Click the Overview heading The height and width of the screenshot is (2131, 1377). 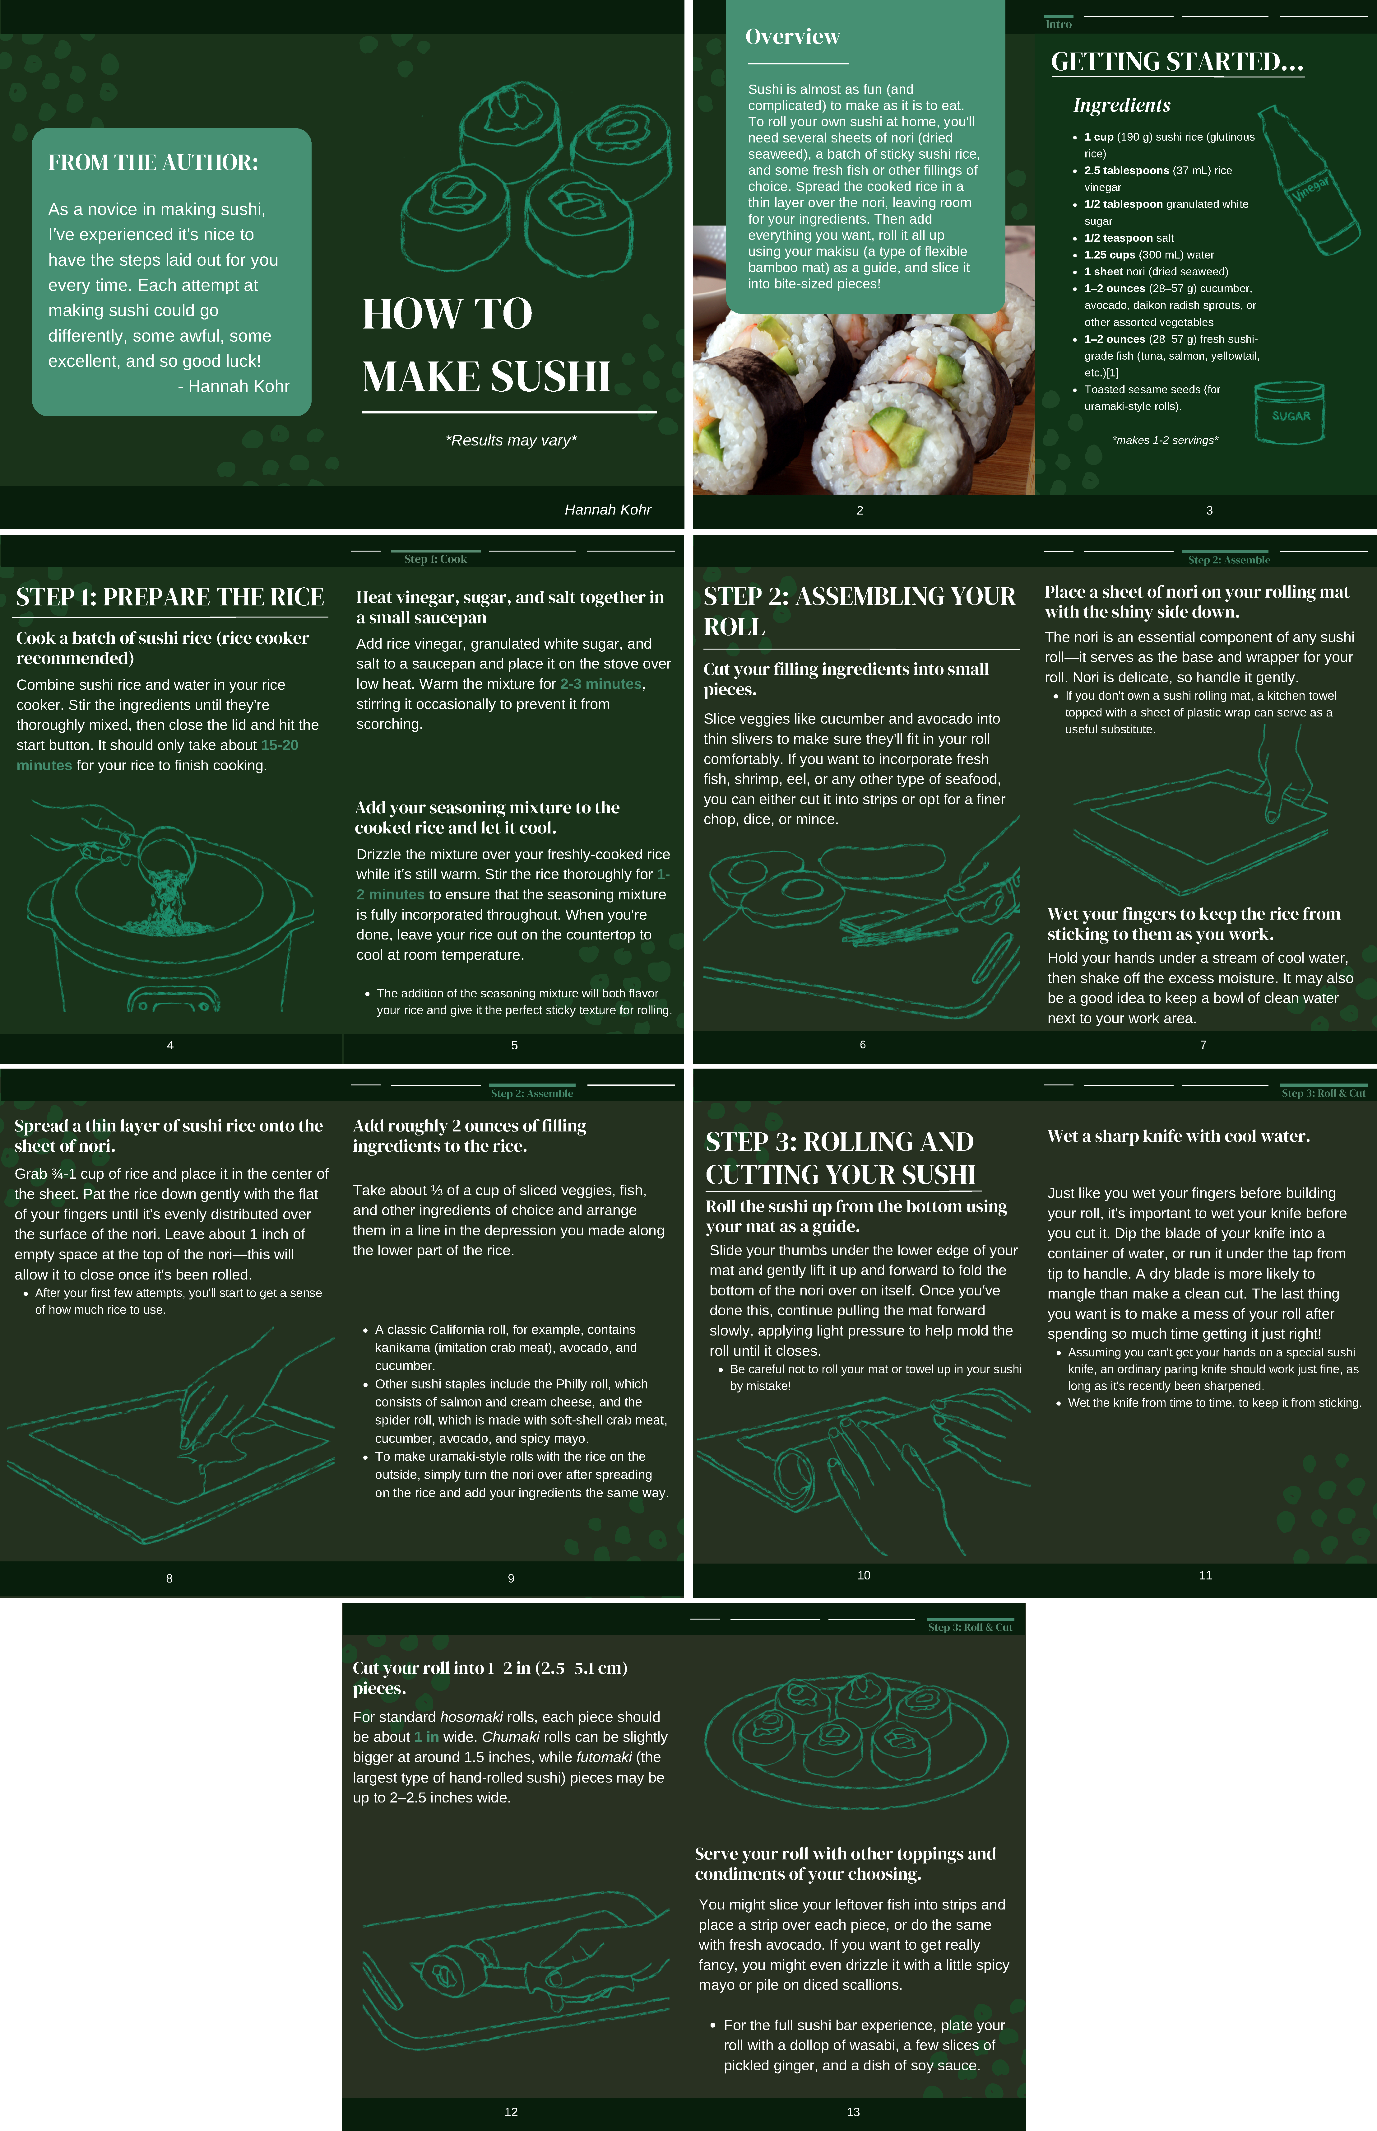click(x=792, y=37)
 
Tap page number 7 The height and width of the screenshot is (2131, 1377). click(x=1203, y=1044)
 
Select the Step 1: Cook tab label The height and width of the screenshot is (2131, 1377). click(x=435, y=559)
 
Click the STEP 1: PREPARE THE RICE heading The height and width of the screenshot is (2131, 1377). click(x=170, y=597)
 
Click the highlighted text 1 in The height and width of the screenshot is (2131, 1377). click(x=427, y=1737)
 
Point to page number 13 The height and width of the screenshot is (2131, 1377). click(x=853, y=2111)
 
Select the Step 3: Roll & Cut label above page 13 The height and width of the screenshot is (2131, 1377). click(x=970, y=1627)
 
